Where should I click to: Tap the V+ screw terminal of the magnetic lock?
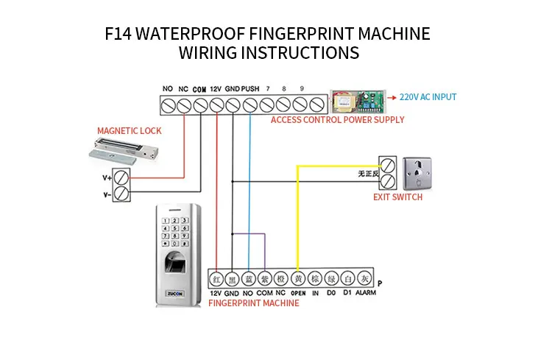(x=123, y=177)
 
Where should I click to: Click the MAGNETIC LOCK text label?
(x=130, y=131)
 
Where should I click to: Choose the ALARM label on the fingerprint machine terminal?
(x=366, y=293)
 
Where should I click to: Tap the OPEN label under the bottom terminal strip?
(x=298, y=293)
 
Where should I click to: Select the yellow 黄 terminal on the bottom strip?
(x=298, y=279)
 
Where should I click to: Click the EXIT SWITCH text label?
(x=398, y=197)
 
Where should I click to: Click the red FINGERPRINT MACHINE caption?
(x=254, y=303)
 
